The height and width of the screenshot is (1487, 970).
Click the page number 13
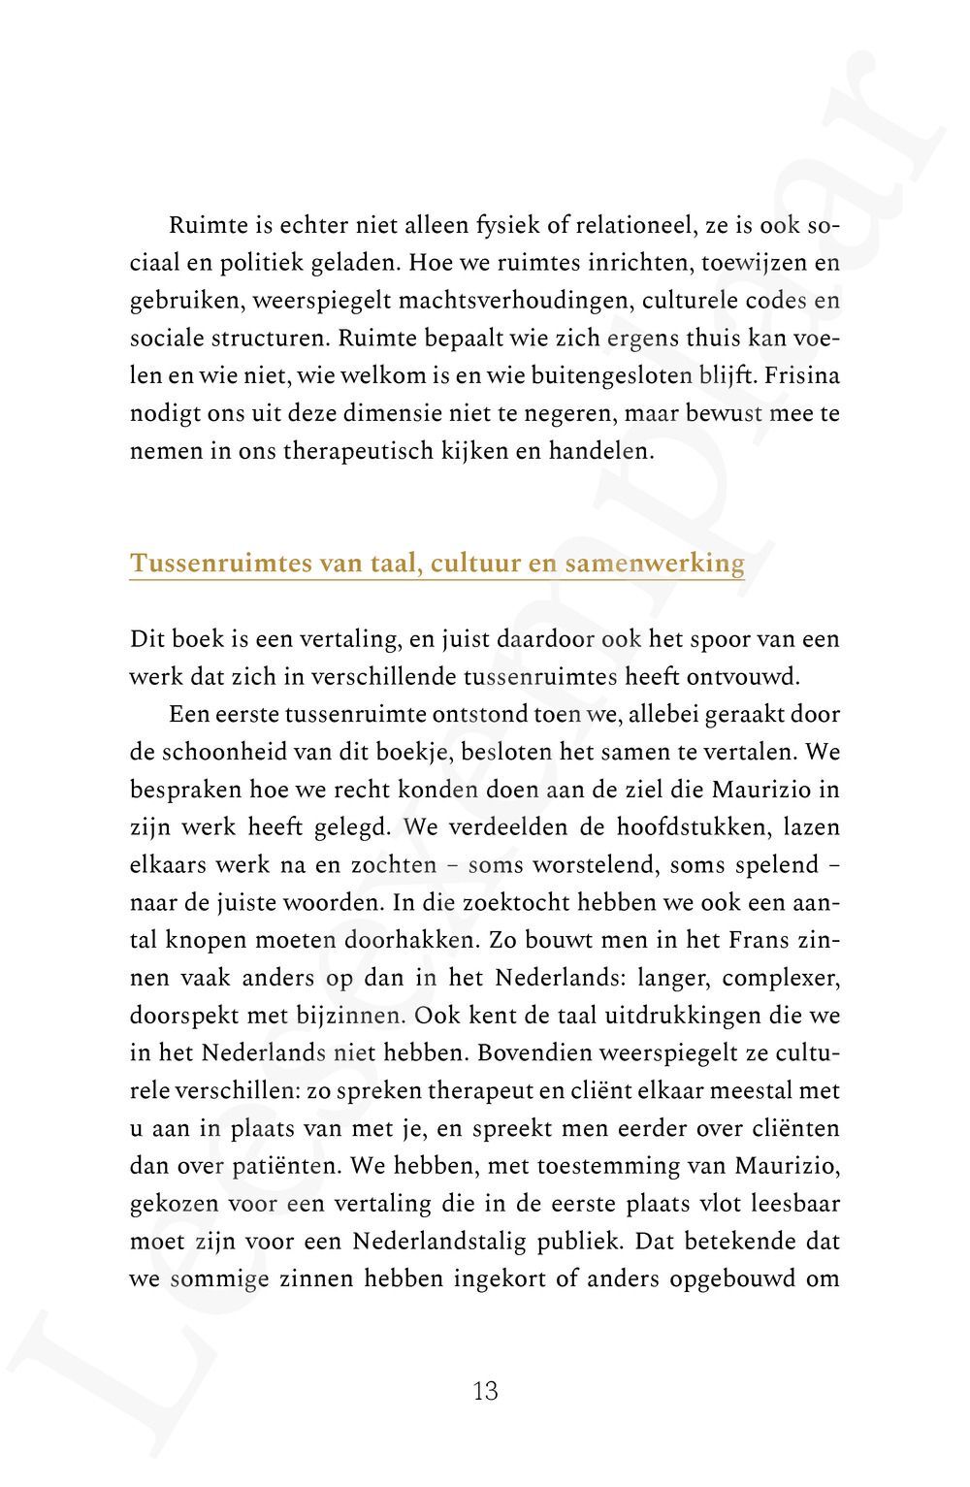click(x=485, y=1391)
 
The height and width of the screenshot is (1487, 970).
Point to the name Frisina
click(x=801, y=376)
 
